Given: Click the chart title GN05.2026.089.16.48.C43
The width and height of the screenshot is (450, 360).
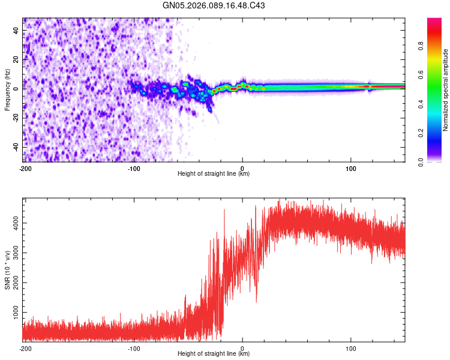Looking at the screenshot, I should pos(214,5).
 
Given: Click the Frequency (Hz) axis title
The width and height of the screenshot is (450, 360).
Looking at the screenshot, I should pos(7,89).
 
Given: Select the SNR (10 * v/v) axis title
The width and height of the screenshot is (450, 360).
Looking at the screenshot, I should pos(7,271).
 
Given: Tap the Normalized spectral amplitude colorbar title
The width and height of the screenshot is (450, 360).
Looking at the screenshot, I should pos(445,90).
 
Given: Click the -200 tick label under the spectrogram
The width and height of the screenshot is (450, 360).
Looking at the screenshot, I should pos(25,167).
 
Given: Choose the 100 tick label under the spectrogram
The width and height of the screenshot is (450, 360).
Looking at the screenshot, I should pos(351,167).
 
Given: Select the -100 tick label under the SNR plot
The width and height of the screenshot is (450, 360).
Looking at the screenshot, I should pos(134,347).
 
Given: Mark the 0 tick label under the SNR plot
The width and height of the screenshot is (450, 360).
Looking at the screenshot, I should pos(242,347).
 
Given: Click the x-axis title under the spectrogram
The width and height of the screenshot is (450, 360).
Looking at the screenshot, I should pos(214,174).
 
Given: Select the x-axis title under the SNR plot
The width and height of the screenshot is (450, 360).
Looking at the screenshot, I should pos(214,354).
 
